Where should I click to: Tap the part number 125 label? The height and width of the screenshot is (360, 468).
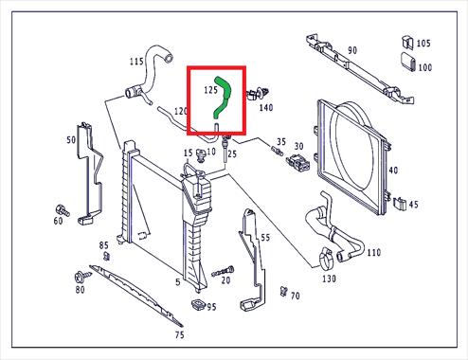pyautogui.click(x=210, y=90)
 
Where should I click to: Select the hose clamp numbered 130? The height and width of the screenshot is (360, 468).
pyautogui.click(x=325, y=259)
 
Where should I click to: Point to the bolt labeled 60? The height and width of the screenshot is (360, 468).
pyautogui.click(x=63, y=210)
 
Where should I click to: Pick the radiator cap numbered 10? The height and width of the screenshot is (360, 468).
pyautogui.click(x=200, y=155)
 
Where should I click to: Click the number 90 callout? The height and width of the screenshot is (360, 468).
pyautogui.click(x=352, y=50)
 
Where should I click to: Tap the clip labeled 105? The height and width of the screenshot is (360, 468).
pyautogui.click(x=407, y=43)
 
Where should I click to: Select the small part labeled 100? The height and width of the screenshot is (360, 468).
pyautogui.click(x=408, y=62)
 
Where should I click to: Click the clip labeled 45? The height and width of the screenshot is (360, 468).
pyautogui.click(x=400, y=204)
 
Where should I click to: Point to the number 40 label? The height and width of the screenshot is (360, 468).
pyautogui.click(x=393, y=171)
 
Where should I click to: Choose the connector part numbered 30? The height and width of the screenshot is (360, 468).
pyautogui.click(x=297, y=161)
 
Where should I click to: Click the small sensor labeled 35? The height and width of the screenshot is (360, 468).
pyautogui.click(x=277, y=150)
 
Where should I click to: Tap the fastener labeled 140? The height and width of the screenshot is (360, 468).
pyautogui.click(x=258, y=94)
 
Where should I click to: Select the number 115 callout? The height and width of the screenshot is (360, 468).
pyautogui.click(x=136, y=61)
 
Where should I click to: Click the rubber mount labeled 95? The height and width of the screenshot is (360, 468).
pyautogui.click(x=198, y=304)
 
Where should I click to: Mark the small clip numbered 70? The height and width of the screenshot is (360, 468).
pyautogui.click(x=283, y=291)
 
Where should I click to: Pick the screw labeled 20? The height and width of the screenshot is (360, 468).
pyautogui.click(x=223, y=271)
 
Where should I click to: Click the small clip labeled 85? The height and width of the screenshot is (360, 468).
pyautogui.click(x=107, y=256)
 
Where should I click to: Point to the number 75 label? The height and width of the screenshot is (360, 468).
pyautogui.click(x=179, y=334)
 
